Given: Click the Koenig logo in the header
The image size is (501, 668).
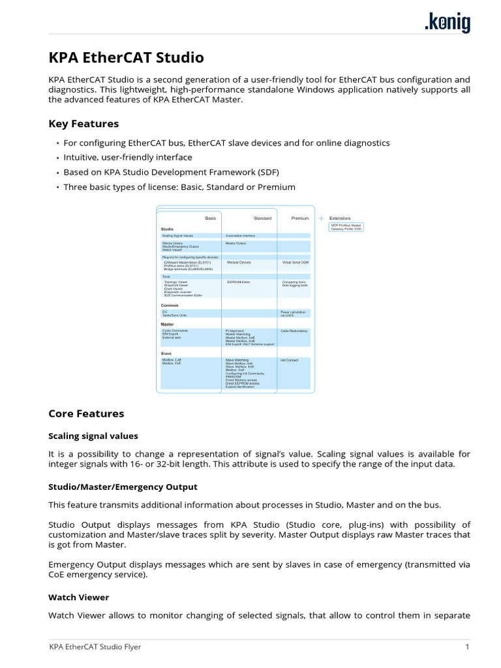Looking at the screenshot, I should click(447, 23).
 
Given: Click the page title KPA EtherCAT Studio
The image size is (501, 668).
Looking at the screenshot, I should click(126, 57).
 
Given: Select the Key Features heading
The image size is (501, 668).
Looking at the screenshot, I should click(83, 123).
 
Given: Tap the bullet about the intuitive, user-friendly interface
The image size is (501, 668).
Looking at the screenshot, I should click(127, 157).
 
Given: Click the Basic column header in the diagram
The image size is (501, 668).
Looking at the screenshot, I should click(210, 219).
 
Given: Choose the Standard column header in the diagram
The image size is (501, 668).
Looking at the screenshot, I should click(262, 219).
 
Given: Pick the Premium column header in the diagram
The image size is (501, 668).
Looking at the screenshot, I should click(300, 219).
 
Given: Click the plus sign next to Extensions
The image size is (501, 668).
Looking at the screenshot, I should click(321, 219).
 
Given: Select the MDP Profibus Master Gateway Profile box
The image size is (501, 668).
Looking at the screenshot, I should click(346, 227).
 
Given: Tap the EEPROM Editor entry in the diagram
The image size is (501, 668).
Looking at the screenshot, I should click(238, 282).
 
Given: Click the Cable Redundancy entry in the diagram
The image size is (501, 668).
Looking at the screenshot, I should click(295, 331).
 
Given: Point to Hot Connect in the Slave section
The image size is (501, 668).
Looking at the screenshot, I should click(289, 359).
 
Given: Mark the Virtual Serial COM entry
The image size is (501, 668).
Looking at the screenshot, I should click(296, 262).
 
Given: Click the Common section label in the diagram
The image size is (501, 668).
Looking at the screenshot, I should click(170, 305).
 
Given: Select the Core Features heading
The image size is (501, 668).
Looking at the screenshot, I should click(86, 414).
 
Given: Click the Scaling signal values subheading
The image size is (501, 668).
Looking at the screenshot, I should click(93, 436).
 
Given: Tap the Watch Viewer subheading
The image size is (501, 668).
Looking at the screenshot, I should click(78, 597).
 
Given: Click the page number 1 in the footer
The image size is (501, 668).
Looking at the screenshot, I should click(467, 647).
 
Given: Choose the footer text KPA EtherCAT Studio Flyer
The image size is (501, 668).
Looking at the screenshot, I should click(95, 647).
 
